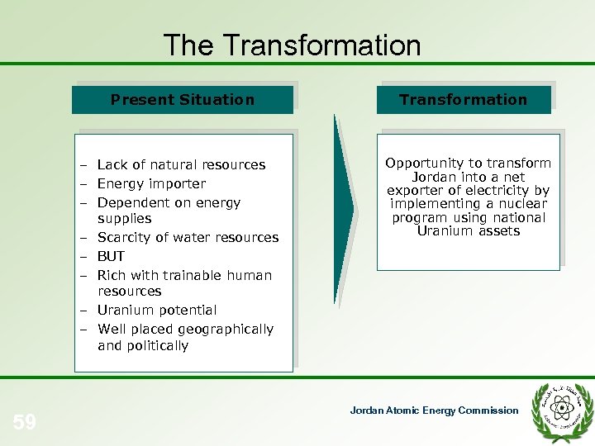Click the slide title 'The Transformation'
tap(292, 45)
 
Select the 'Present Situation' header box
tap(183, 100)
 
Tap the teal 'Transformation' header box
tap(463, 100)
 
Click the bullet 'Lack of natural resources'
tap(181, 164)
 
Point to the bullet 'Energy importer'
tap(151, 183)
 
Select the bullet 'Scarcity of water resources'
tap(188, 237)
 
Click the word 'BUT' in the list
tap(111, 256)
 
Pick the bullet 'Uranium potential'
tap(157, 310)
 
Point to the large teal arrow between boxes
tap(345, 210)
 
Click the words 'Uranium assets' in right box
tap(468, 230)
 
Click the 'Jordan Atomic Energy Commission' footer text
tap(434, 410)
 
